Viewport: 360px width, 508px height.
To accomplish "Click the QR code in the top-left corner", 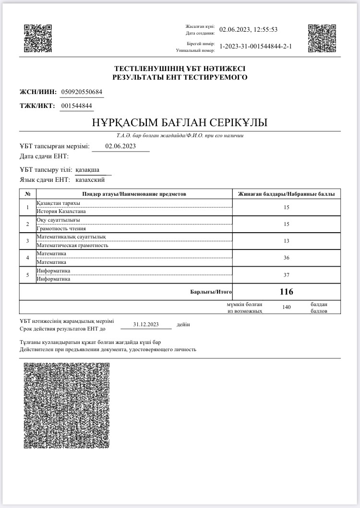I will (38, 38).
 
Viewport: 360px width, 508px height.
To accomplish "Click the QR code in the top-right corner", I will (322, 38).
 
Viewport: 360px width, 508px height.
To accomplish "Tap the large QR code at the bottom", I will (67, 405).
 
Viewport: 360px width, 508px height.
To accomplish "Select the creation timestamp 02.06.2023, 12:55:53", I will (248, 30).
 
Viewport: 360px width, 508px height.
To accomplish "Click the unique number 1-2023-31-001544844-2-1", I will (255, 47).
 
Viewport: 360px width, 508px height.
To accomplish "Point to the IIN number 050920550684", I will (82, 92).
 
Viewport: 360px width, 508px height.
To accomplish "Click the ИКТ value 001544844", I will (77, 106).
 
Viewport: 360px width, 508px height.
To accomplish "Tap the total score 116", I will (287, 292).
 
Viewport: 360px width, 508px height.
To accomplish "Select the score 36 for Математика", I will (287, 258).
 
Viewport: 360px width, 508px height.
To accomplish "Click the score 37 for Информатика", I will (287, 275).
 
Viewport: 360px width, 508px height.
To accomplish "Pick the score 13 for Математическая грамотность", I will (287, 241).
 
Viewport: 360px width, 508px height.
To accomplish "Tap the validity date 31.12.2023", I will (146, 325).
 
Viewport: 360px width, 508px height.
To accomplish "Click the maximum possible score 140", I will (287, 307).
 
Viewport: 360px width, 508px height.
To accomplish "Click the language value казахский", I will (91, 180).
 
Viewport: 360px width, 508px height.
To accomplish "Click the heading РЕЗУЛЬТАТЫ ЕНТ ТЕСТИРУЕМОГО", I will (180, 77).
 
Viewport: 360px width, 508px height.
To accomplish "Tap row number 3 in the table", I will (27, 241).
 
